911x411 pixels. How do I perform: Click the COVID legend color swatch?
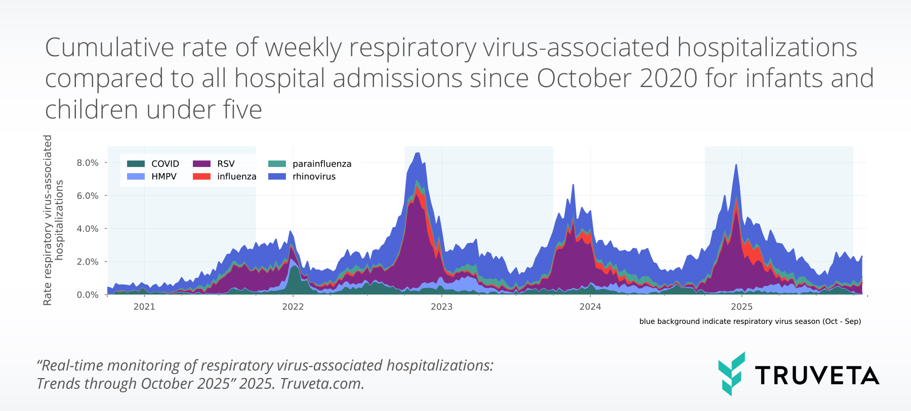click(136, 163)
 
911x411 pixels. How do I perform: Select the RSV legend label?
click(226, 163)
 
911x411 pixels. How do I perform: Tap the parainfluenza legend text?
click(321, 163)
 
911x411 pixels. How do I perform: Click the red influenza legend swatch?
click(201, 176)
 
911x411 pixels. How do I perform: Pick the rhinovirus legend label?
click(314, 176)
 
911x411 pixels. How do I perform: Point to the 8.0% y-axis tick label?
click(88, 162)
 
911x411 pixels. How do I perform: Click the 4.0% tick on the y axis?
click(88, 228)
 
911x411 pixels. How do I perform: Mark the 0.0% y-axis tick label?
click(88, 295)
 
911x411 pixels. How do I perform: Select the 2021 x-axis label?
click(144, 306)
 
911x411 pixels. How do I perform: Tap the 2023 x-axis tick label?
click(441, 306)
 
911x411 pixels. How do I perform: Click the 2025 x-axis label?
click(741, 306)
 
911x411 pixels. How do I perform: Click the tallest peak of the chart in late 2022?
click(417, 154)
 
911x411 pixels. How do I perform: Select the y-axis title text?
click(53, 220)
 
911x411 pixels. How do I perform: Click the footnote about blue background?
click(750, 321)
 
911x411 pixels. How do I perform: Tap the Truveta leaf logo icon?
click(731, 374)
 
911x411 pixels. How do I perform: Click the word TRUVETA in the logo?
click(817, 376)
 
